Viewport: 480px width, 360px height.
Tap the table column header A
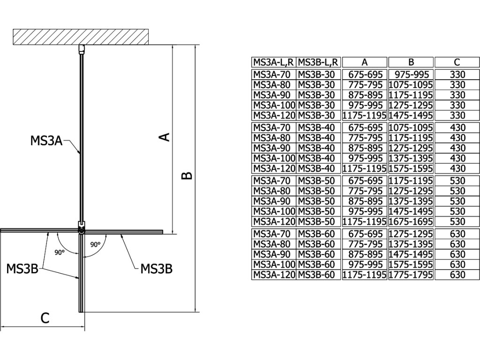click(364, 62)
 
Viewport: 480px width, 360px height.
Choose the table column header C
click(457, 62)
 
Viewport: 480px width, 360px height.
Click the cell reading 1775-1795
click(411, 275)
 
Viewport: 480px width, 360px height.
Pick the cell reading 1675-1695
click(411, 222)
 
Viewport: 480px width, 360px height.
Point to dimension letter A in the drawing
click(164, 137)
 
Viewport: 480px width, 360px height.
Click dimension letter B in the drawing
click(186, 176)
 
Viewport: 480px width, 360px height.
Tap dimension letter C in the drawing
click(45, 318)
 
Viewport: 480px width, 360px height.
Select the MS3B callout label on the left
click(22, 269)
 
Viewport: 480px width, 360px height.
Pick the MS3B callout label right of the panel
click(157, 269)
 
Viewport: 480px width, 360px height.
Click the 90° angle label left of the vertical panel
click(59, 252)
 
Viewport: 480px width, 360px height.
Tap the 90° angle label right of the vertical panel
click(96, 244)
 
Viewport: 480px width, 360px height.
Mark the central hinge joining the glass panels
click(82, 230)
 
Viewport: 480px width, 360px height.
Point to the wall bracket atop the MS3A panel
click(82, 48)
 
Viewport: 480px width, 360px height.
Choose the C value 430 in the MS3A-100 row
click(457, 158)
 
